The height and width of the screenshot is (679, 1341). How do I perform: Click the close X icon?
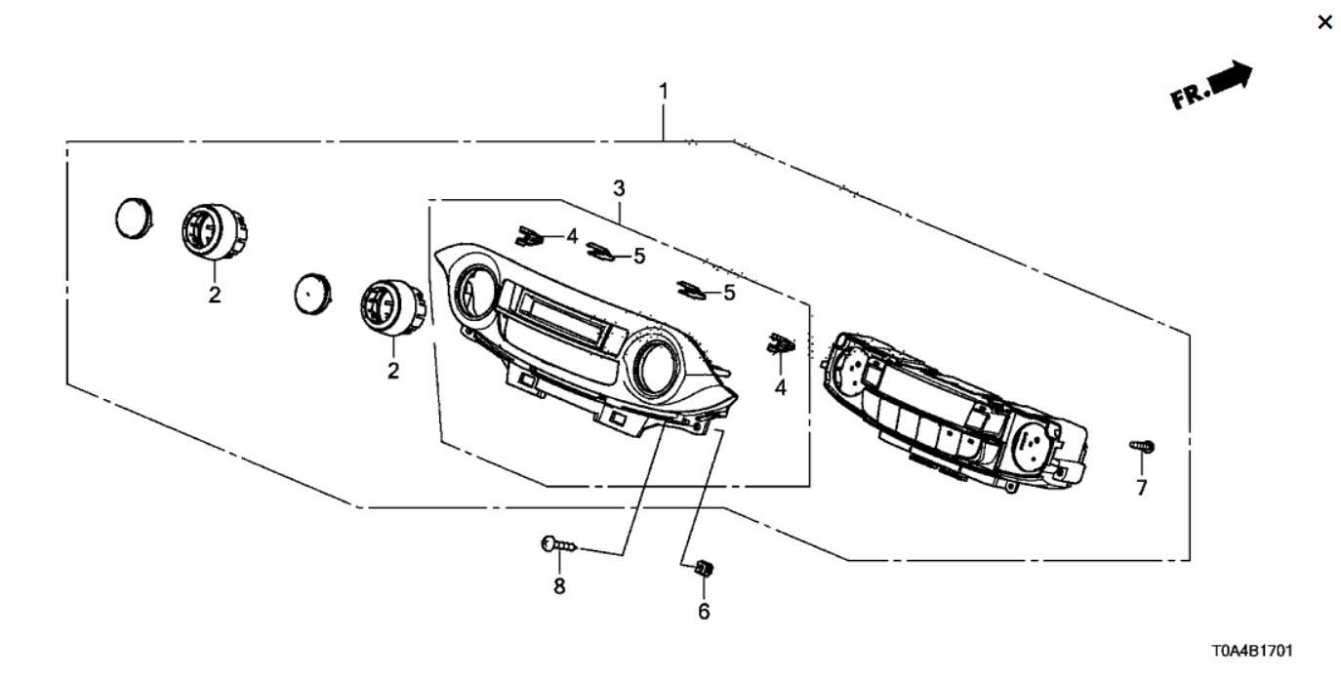pyautogui.click(x=1324, y=22)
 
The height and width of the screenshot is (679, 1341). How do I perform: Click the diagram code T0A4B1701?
pyautogui.click(x=1252, y=651)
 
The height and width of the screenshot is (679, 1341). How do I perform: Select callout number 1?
pyautogui.click(x=663, y=92)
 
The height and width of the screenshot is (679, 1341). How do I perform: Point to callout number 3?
pyautogui.click(x=619, y=188)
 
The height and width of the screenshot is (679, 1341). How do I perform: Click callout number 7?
pyautogui.click(x=1142, y=488)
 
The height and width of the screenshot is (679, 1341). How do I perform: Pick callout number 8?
pyautogui.click(x=559, y=586)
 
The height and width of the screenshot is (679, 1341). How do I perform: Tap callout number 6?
pyautogui.click(x=704, y=612)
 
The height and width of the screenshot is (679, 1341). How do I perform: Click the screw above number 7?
pyautogui.click(x=1142, y=446)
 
